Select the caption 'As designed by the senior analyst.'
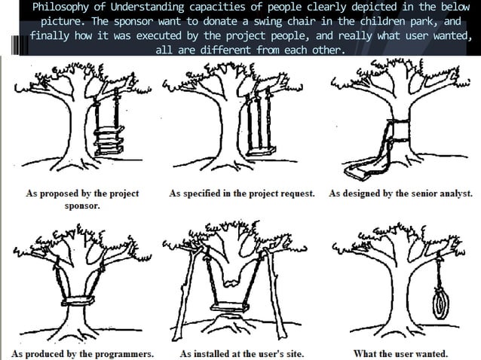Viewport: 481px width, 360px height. click(x=400, y=193)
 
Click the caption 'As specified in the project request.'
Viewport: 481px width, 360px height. click(x=241, y=193)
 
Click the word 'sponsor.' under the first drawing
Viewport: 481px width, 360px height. click(x=83, y=206)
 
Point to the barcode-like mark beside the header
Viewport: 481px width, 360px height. click(x=20, y=42)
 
